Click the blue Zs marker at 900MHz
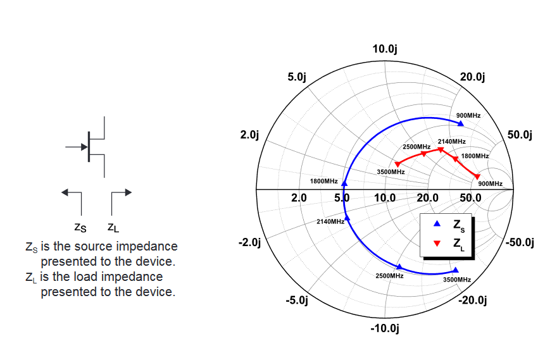coord(460,123)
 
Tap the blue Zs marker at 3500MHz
coord(455,270)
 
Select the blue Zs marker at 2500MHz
coord(399,267)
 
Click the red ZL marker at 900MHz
coord(477,177)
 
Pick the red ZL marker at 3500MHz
coord(397,164)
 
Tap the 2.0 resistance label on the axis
coord(299,197)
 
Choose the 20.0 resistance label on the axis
coord(428,197)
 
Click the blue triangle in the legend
coord(437,224)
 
